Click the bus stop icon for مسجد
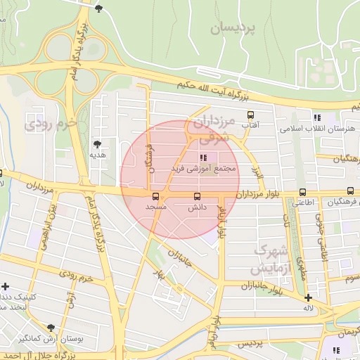point(155,196)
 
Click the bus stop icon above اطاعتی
point(303,191)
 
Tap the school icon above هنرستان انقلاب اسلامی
point(317,118)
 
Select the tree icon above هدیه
point(97,143)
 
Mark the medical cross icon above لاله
point(308,297)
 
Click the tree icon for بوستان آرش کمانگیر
point(51,328)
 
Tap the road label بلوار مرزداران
point(257,193)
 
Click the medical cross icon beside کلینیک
point(6,286)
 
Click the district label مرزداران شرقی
point(211,127)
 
